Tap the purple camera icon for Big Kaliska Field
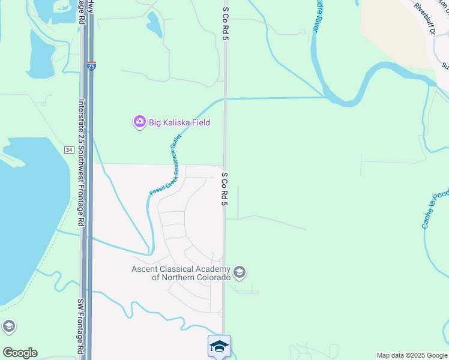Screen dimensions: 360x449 pos(139,122)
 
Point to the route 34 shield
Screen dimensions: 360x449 pos(69,148)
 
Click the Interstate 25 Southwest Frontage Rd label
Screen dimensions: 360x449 pos(80,163)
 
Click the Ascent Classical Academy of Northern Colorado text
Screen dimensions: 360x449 pos(181,273)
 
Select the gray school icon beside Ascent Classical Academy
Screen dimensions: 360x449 pos(240,273)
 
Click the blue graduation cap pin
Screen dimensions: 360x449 pos(219,347)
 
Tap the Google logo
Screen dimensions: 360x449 pos(20,353)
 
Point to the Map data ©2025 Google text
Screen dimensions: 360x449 pos(412,355)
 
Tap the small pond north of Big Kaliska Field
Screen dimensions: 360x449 pos(154,24)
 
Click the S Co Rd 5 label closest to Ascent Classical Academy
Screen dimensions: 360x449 pos(224,189)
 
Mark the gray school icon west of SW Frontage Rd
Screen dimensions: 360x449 pos(8,327)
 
